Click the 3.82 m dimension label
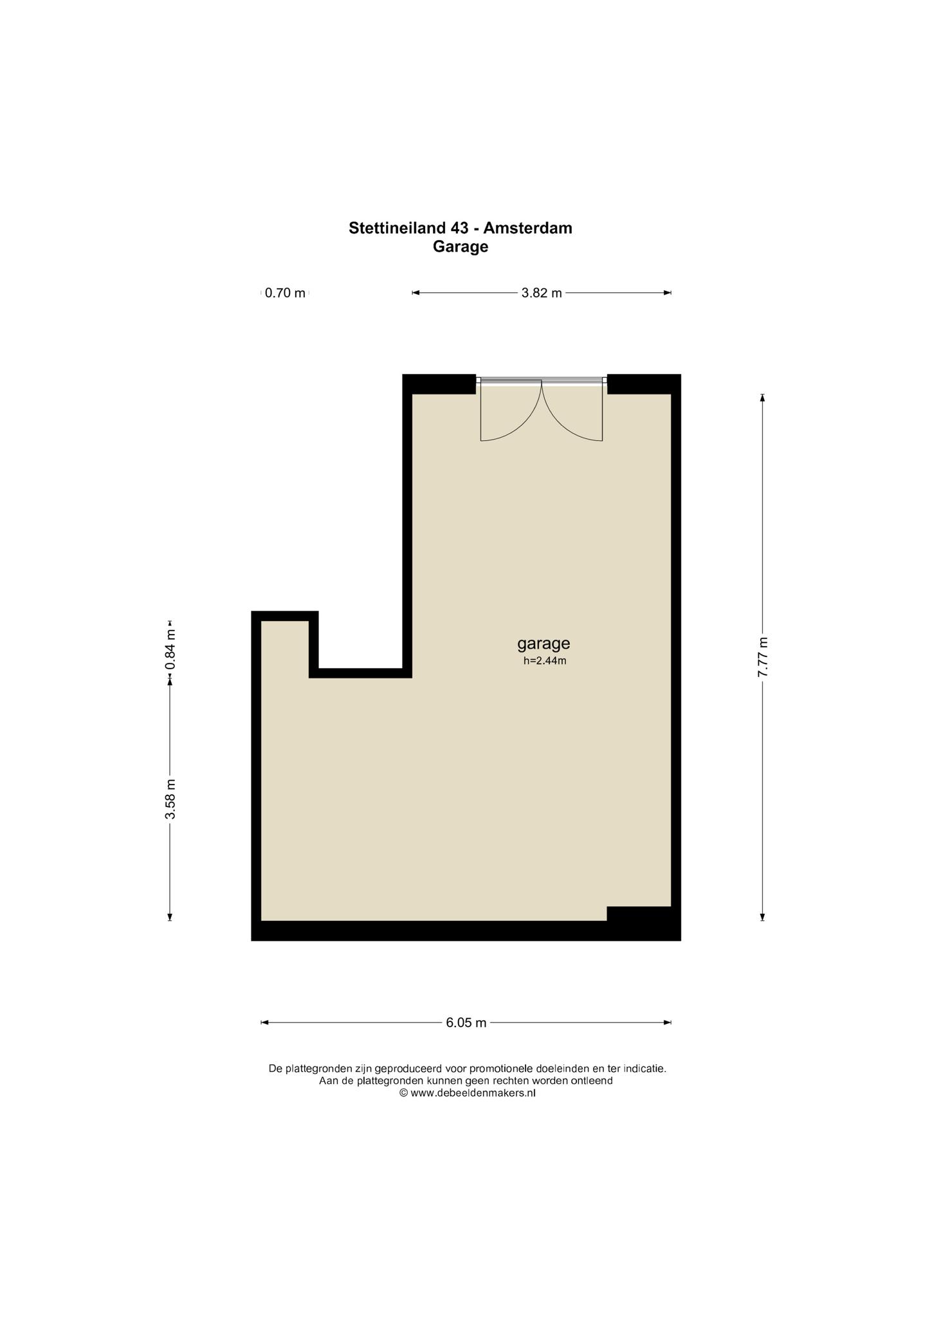542,293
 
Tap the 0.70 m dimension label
285,293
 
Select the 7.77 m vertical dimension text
763,656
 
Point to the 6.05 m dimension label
466,1022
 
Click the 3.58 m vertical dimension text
170,799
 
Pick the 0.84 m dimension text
170,649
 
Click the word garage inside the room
544,644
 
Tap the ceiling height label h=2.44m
545,660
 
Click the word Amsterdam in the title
527,228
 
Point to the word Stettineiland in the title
396,228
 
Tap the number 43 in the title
458,228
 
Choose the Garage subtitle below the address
461,246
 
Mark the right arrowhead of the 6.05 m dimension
668,1022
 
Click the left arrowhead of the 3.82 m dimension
416,293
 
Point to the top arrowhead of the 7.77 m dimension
763,398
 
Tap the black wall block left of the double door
439,384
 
